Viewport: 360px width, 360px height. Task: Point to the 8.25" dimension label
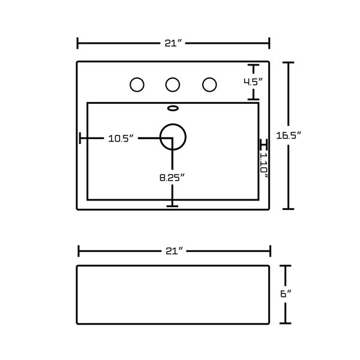172,177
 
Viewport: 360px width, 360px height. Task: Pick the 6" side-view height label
285,294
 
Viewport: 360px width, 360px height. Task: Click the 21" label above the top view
173,43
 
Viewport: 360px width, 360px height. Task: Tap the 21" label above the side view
173,251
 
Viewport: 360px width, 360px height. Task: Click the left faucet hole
137,85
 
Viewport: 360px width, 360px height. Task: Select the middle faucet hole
173,85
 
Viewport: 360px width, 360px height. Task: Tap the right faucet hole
209,85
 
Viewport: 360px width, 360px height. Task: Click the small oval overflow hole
173,109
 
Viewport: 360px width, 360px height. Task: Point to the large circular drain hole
173,136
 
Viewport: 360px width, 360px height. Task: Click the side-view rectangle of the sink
173,294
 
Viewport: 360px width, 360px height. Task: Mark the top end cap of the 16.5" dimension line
289,62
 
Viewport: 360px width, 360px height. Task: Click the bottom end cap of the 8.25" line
173,206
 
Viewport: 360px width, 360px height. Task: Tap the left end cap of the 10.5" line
80,138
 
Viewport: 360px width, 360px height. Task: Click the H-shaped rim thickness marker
262,145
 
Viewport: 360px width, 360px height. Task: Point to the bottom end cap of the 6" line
286,322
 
